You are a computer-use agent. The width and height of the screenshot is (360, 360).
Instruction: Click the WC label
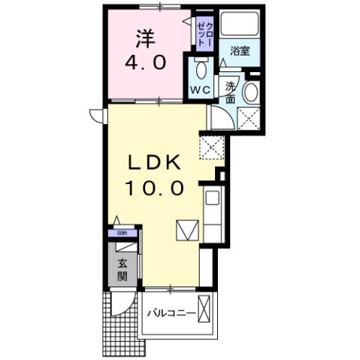(199, 90)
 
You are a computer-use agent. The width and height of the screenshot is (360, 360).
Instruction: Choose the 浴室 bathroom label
(240, 51)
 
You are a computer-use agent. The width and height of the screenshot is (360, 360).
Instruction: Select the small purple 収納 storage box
(122, 233)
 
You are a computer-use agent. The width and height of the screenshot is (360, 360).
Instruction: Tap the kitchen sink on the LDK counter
(212, 201)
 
